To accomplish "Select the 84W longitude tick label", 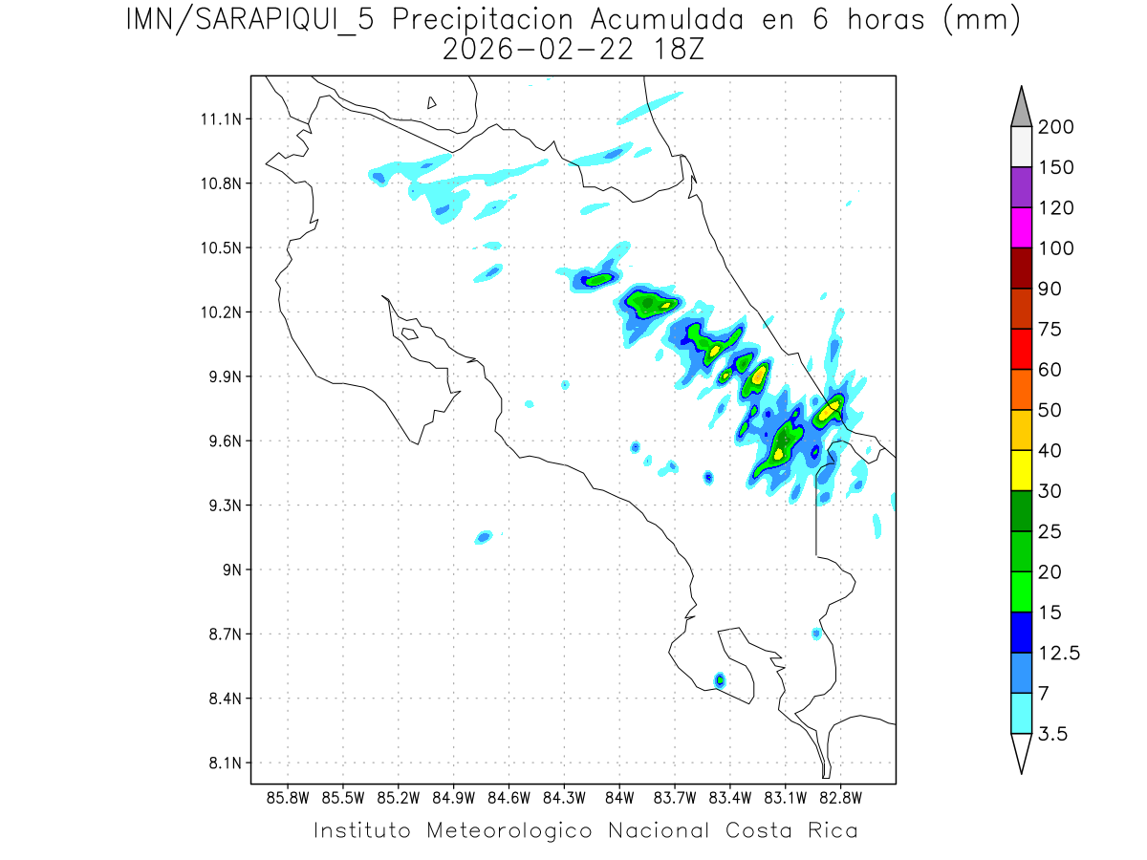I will pyautogui.click(x=619, y=797).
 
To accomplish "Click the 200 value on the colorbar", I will pyautogui.click(x=1056, y=127).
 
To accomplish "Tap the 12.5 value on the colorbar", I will pyautogui.click(x=1059, y=653).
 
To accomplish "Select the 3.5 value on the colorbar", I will pyautogui.click(x=1053, y=734).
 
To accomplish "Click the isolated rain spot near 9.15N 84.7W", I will pyautogui.click(x=484, y=537).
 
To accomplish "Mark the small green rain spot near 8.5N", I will pyautogui.click(x=719, y=680).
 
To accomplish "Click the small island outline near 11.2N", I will pyautogui.click(x=432, y=103).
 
